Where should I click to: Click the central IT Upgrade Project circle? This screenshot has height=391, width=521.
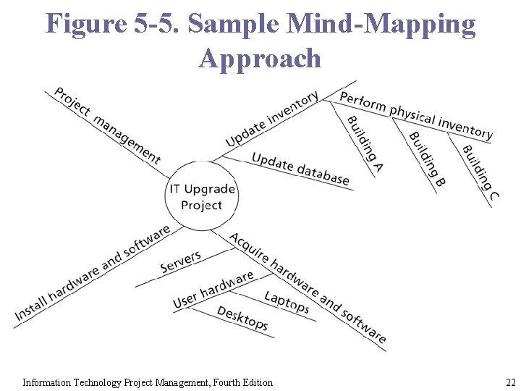click(201, 196)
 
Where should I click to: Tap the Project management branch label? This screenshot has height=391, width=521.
click(107, 125)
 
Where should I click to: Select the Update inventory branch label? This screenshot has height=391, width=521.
click(271, 119)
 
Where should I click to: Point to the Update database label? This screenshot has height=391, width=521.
click(300, 169)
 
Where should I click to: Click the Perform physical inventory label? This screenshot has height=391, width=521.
click(416, 115)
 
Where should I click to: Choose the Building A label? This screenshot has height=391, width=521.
click(365, 144)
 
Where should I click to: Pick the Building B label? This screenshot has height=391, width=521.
click(427, 159)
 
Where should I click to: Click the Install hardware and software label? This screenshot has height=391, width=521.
click(92, 274)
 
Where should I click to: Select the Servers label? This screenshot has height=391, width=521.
click(181, 262)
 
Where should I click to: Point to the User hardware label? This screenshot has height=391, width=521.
click(213, 289)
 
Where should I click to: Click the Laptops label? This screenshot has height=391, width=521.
click(287, 302)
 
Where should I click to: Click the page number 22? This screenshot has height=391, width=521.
click(510, 382)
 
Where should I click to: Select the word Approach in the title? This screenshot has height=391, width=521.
click(260, 58)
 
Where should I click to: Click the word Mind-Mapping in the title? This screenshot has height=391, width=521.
click(381, 24)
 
